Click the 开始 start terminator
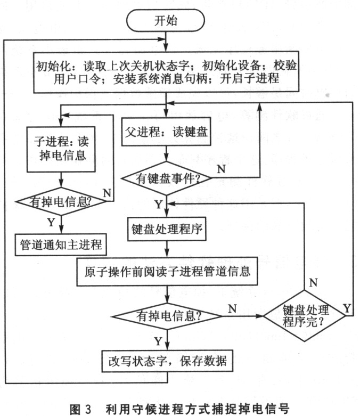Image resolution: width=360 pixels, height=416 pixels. click(x=166, y=21)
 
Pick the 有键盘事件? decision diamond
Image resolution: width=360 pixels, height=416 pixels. click(x=166, y=179)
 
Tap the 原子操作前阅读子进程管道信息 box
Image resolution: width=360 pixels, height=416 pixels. click(x=166, y=271)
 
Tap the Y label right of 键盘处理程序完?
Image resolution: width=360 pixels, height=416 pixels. click(x=347, y=307)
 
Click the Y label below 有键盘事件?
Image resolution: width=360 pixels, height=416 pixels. click(x=158, y=204)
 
